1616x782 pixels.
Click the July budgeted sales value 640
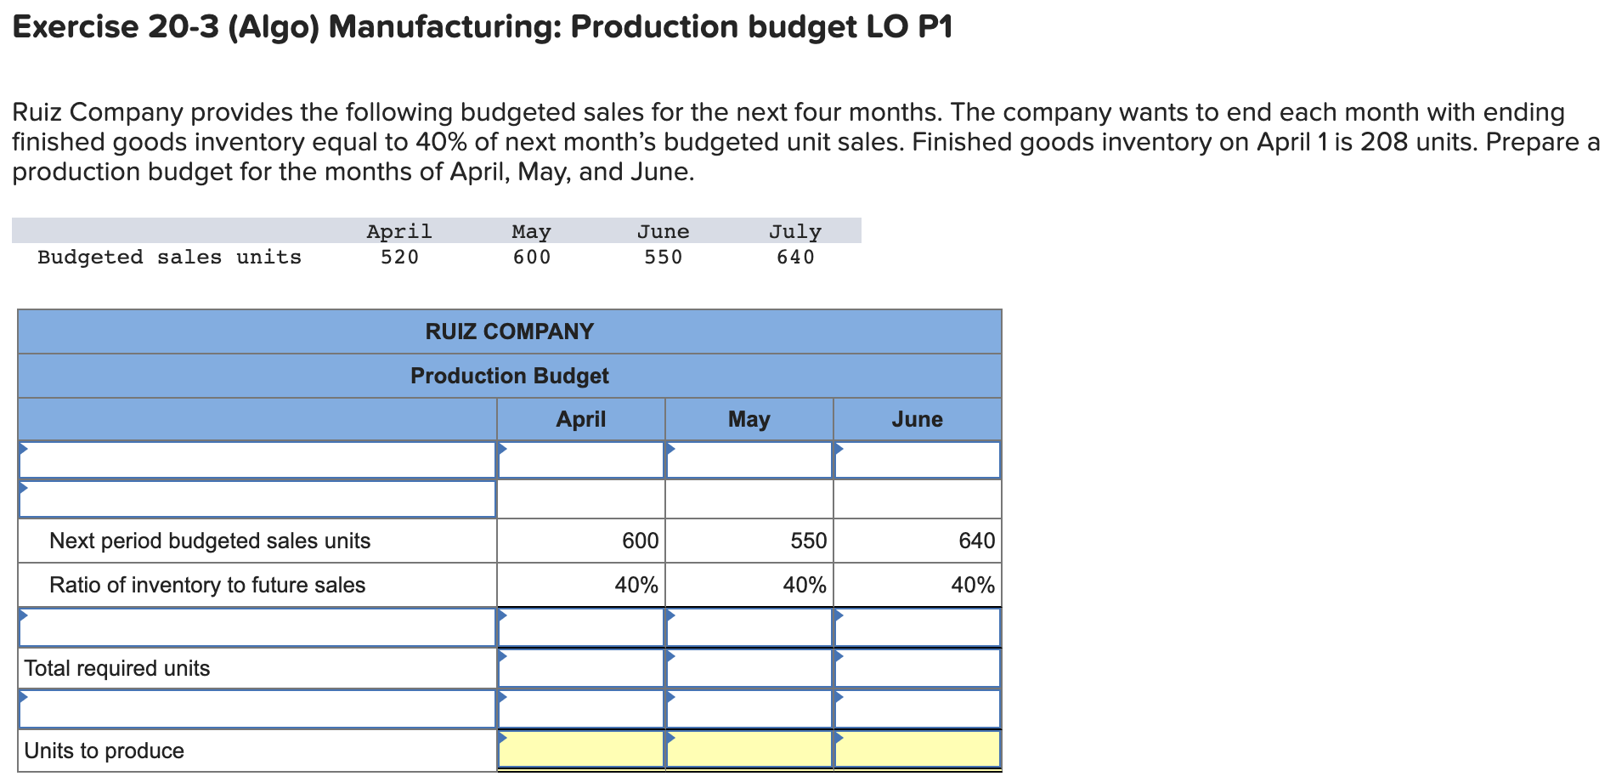pos(795,257)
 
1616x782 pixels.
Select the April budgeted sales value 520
pos(399,257)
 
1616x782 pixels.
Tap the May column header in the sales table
pos(531,231)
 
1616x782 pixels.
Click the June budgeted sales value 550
pos(663,257)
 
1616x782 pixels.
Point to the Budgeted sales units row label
pos(169,257)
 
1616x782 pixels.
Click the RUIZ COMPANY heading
pos(509,331)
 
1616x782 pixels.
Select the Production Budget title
pos(509,376)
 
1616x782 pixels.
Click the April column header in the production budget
pos(580,419)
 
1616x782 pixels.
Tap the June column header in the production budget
pos(917,419)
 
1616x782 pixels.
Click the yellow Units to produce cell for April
pos(580,750)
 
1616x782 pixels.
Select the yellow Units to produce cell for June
pos(917,750)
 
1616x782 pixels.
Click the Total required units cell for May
pos(749,668)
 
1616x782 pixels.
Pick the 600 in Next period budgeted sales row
pos(640,541)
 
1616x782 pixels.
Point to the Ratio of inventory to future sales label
pos(207,585)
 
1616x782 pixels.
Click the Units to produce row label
pos(104,751)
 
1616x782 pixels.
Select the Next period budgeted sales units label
pos(210,541)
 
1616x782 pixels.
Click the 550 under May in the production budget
pos(808,541)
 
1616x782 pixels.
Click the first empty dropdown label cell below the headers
pos(257,460)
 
